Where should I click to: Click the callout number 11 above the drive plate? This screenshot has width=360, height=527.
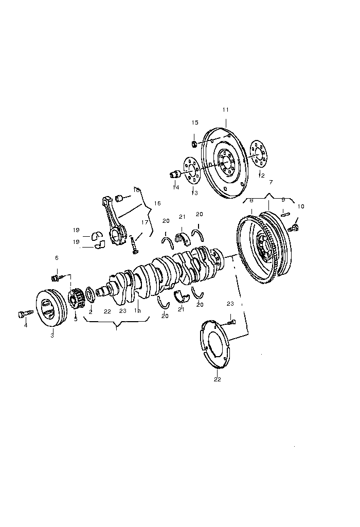click(226, 110)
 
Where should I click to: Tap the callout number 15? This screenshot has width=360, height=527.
click(195, 122)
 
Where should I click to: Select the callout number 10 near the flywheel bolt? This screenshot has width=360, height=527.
click(301, 206)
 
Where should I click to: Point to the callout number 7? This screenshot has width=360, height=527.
click(271, 183)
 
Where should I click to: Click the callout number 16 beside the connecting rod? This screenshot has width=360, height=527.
click(157, 203)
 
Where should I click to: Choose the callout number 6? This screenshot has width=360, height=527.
click(57, 258)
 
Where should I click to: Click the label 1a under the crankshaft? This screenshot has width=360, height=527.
click(137, 311)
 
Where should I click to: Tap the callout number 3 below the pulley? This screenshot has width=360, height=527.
click(52, 335)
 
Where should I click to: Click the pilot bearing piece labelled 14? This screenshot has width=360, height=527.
click(174, 174)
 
